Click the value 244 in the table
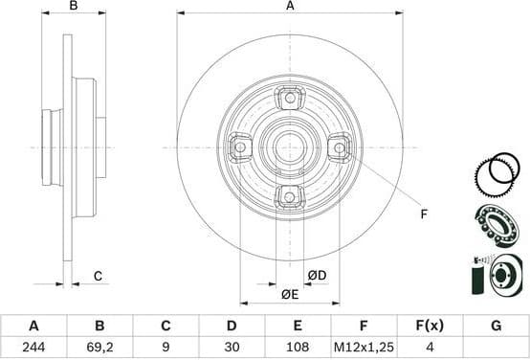pos(34,349)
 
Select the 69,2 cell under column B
pos(99,349)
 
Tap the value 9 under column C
pos(166,349)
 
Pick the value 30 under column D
pos(232,349)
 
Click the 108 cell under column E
pos(298,349)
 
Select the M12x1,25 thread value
pos(364,349)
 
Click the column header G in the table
pos(496,326)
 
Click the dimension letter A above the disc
pos(290,7)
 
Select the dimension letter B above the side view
pos(74,7)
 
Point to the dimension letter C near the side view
pos(98,277)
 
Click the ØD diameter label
pos(318,277)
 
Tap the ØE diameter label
pos(289,294)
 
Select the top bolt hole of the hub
pos(289,99)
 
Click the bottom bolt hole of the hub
pos(289,196)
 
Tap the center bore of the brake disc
pos(289,147)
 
